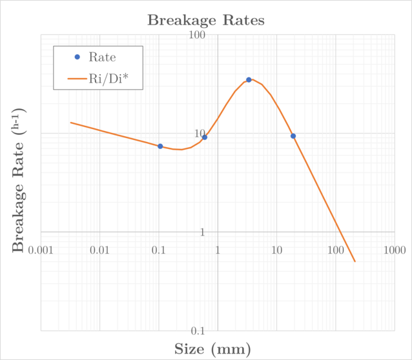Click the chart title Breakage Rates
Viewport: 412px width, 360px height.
(x=206, y=20)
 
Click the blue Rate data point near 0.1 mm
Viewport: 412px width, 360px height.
(x=160, y=146)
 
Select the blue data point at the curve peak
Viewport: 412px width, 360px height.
(x=249, y=80)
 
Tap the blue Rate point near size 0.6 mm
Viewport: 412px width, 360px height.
(x=205, y=137)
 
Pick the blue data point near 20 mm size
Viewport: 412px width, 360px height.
(x=293, y=136)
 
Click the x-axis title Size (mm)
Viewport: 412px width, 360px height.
(x=212, y=350)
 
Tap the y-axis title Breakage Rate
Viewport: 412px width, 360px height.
(x=20, y=183)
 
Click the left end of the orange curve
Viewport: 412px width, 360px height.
(x=70, y=123)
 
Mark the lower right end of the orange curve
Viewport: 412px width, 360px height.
(x=355, y=261)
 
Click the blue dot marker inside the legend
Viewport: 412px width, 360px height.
(x=77, y=57)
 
